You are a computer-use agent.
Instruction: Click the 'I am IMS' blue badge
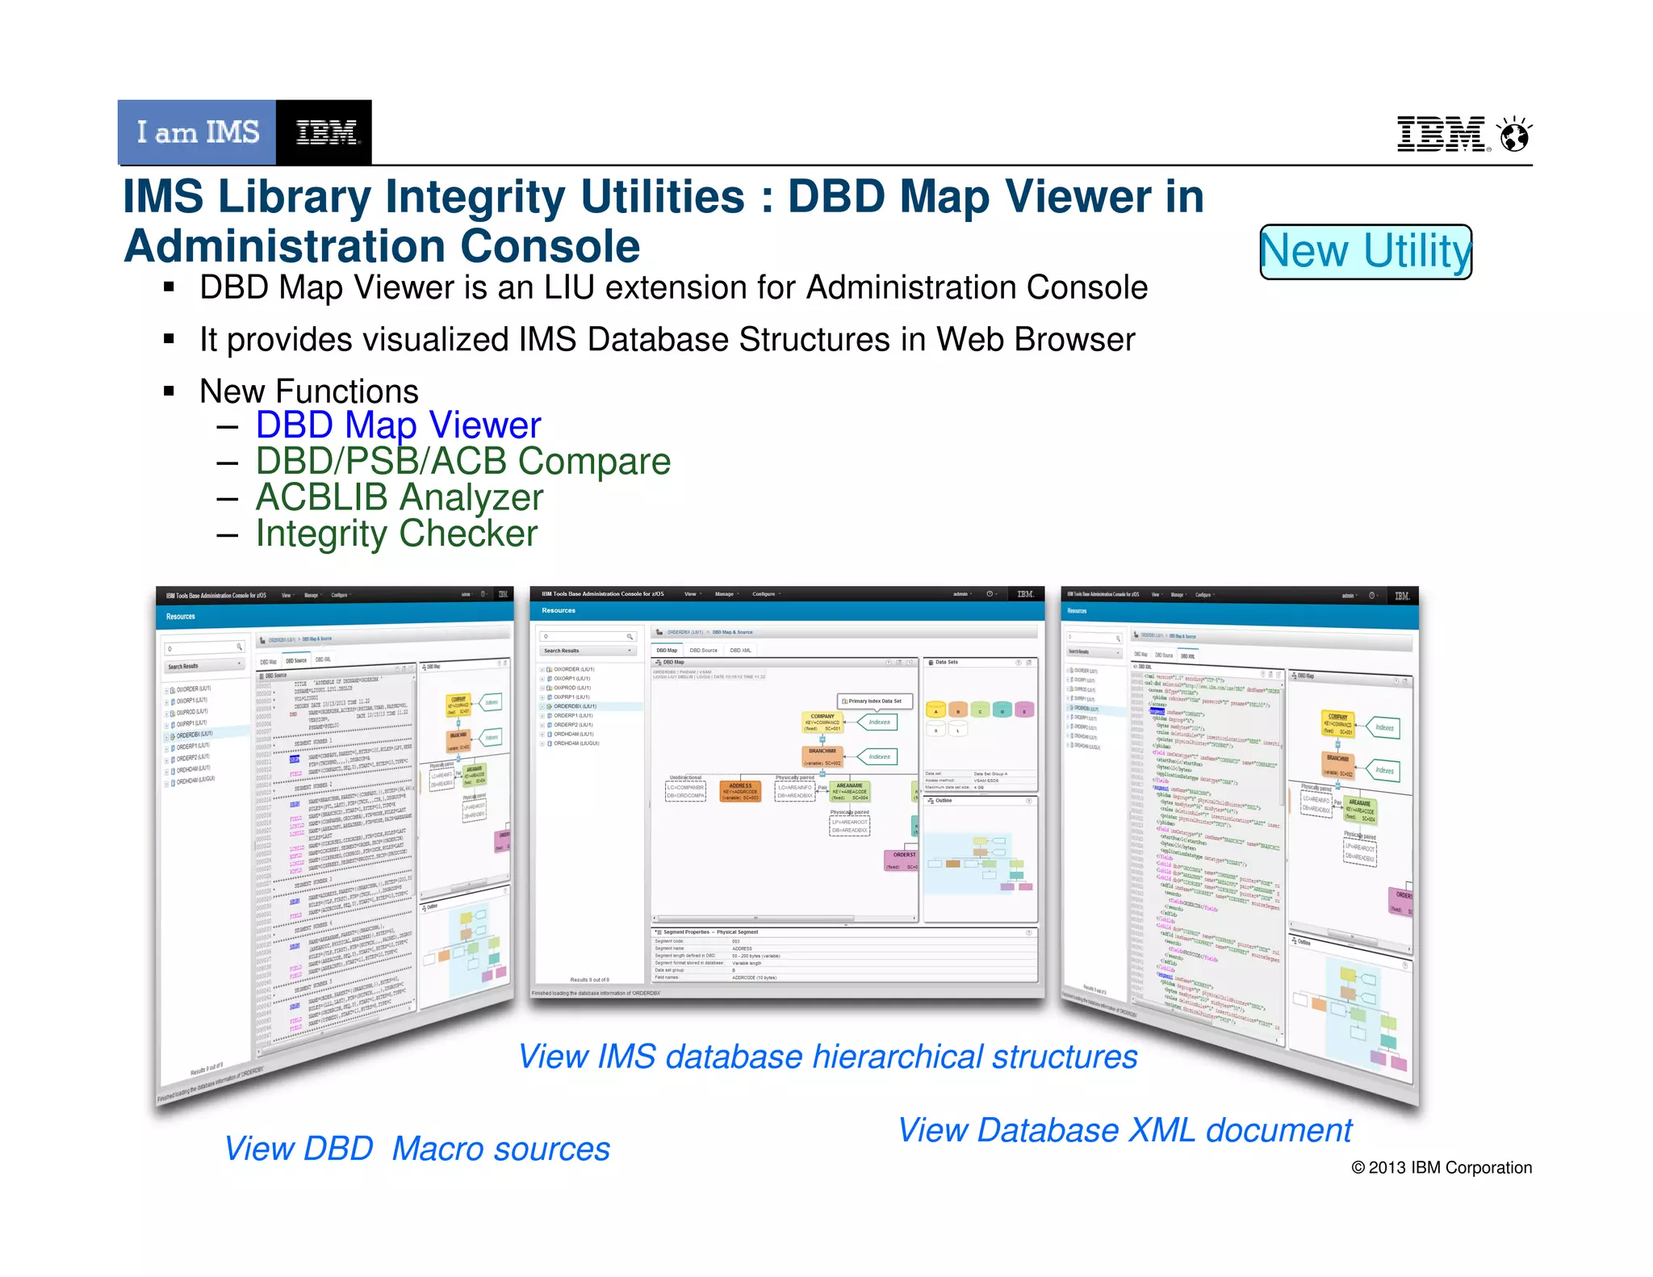click(197, 132)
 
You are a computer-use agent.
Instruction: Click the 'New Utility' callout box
click(1366, 252)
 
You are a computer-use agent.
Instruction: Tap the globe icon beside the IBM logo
click(1514, 134)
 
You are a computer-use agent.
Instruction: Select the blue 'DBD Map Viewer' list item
click(398, 425)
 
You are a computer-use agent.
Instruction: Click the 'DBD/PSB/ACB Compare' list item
click(462, 462)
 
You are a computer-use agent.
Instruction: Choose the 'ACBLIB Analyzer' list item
click(400, 497)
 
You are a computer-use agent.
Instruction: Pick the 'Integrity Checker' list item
click(396, 534)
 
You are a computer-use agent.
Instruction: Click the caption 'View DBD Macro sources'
click(416, 1149)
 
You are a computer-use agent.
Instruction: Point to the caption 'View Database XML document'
click(1124, 1130)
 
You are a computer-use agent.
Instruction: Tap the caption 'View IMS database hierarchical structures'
click(827, 1057)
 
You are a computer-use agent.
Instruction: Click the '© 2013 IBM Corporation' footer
click(1441, 1168)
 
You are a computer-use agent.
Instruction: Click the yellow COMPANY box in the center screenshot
click(822, 722)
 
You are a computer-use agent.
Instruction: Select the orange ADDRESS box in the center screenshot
click(740, 791)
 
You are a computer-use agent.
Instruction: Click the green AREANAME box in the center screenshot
click(850, 791)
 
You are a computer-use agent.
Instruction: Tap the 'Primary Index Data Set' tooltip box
click(874, 701)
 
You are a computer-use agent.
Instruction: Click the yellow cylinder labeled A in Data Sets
click(935, 710)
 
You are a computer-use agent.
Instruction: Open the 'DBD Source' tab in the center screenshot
click(703, 651)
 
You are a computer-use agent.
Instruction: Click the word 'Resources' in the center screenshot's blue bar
click(559, 610)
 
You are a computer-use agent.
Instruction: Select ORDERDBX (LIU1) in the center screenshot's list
click(574, 706)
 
